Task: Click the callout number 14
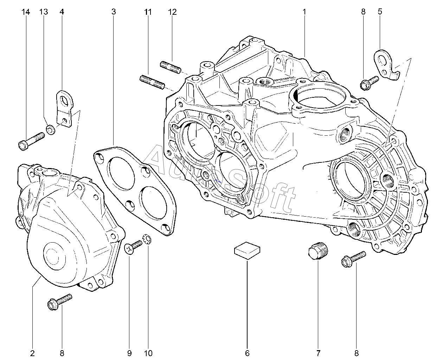26,12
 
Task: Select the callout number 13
43,12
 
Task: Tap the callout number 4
62,12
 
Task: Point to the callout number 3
113,12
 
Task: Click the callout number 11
148,12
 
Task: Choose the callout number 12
172,12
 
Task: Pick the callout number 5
380,12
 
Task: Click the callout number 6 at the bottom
247,353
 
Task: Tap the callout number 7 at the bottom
319,353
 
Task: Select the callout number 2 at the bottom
32,353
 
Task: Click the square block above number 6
248,250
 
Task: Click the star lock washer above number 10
148,239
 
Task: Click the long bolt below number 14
31,140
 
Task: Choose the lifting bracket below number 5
385,63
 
